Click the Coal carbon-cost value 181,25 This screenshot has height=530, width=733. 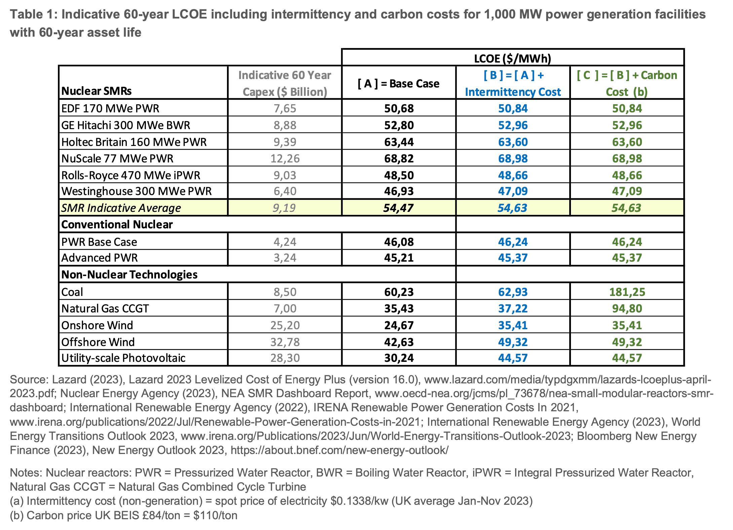pyautogui.click(x=627, y=292)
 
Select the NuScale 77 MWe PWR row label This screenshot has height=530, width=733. pyautogui.click(x=117, y=158)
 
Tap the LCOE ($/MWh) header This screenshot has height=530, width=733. pyautogui.click(x=513, y=59)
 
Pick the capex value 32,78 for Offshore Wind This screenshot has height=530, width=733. pyautogui.click(x=285, y=342)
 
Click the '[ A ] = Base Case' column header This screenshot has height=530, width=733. pyautogui.click(x=398, y=83)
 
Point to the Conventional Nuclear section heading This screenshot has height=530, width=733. pyautogui.click(x=117, y=224)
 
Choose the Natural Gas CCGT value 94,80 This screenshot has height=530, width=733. pyautogui.click(x=627, y=308)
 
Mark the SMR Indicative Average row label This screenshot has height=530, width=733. pyautogui.click(x=121, y=208)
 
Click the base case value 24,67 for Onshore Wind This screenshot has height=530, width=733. pyautogui.click(x=399, y=325)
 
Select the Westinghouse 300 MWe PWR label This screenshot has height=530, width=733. pyautogui.click(x=137, y=191)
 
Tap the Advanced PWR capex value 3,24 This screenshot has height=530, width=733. pyautogui.click(x=285, y=258)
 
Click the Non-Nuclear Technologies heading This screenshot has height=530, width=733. pyautogui.click(x=129, y=274)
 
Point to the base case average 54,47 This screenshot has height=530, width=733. pyautogui.click(x=398, y=208)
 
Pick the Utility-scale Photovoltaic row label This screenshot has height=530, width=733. pyautogui.click(x=123, y=358)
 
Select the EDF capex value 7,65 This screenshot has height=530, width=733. pyautogui.click(x=285, y=108)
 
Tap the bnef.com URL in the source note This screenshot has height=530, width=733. pyautogui.click(x=340, y=450)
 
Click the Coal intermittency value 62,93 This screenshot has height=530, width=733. pyautogui.click(x=513, y=292)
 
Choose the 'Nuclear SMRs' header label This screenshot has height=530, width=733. pyautogui.click(x=97, y=91)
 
